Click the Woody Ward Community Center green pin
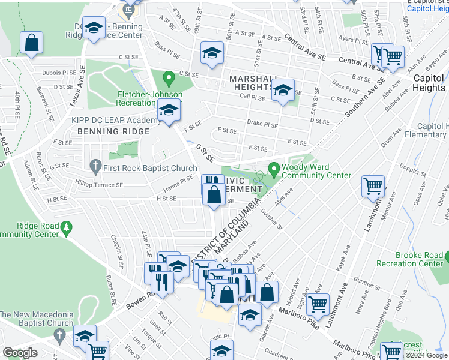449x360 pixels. coord(274,169)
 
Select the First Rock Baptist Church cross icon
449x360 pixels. coord(95,164)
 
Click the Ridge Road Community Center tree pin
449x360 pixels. coord(67,227)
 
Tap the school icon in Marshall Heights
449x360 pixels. coord(283,91)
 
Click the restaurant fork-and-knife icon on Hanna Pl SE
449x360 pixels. coord(211,182)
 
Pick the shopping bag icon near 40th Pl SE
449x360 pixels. coord(31,43)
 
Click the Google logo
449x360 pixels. coord(20,353)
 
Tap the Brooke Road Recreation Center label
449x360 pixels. coord(411,259)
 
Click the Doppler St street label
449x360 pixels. coord(414,170)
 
